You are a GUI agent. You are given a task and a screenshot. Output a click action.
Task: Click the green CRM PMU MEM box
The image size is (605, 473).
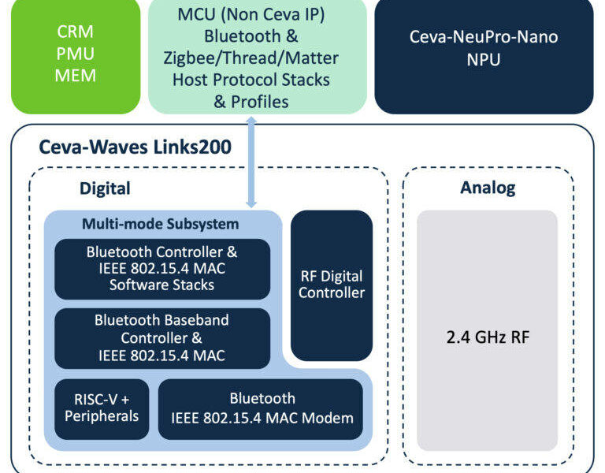coord(76,57)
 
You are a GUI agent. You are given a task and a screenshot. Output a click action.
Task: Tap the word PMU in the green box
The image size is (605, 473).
coord(76,54)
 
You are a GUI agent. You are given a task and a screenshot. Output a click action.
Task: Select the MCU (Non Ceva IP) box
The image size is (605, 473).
coord(258,57)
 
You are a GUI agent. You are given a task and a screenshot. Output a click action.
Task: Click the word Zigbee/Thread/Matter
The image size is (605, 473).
coord(251,58)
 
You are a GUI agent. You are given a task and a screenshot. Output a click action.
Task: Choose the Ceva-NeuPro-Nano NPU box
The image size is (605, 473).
coord(484,57)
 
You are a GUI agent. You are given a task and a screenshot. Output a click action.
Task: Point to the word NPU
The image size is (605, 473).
coord(484,59)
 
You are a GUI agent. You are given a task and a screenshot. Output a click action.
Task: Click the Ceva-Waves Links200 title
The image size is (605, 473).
coord(135,147)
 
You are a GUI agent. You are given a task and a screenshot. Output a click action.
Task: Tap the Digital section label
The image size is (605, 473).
coord(105,188)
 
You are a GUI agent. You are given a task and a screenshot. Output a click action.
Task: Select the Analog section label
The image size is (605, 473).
coord(488,188)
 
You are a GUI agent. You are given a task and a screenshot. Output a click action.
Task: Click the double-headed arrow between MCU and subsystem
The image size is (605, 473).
coord(251,162)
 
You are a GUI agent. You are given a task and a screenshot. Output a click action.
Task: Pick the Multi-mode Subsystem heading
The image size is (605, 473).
coord(161,224)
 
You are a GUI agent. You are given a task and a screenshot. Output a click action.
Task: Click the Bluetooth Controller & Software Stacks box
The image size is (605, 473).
coord(162,269)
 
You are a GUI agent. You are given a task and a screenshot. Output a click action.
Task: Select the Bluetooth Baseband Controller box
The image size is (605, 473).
coord(162,338)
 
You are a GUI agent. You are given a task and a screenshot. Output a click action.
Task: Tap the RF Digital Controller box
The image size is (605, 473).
coord(332,285)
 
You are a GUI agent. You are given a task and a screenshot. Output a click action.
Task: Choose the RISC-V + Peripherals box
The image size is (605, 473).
coord(102,409)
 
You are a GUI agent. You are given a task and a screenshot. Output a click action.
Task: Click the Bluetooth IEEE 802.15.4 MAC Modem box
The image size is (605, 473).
coord(261,409)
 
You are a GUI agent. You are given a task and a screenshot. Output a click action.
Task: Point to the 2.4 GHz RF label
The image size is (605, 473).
coord(488,337)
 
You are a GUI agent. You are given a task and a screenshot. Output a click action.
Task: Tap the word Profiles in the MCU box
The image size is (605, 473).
coord(260,102)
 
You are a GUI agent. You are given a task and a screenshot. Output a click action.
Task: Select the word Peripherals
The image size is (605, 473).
coord(102,416)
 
